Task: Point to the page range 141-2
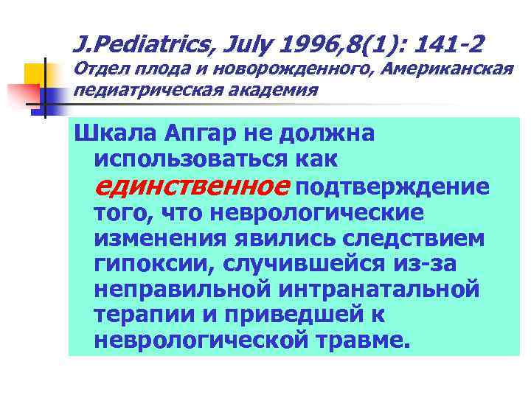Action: (x=448, y=46)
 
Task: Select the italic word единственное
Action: (x=192, y=186)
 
